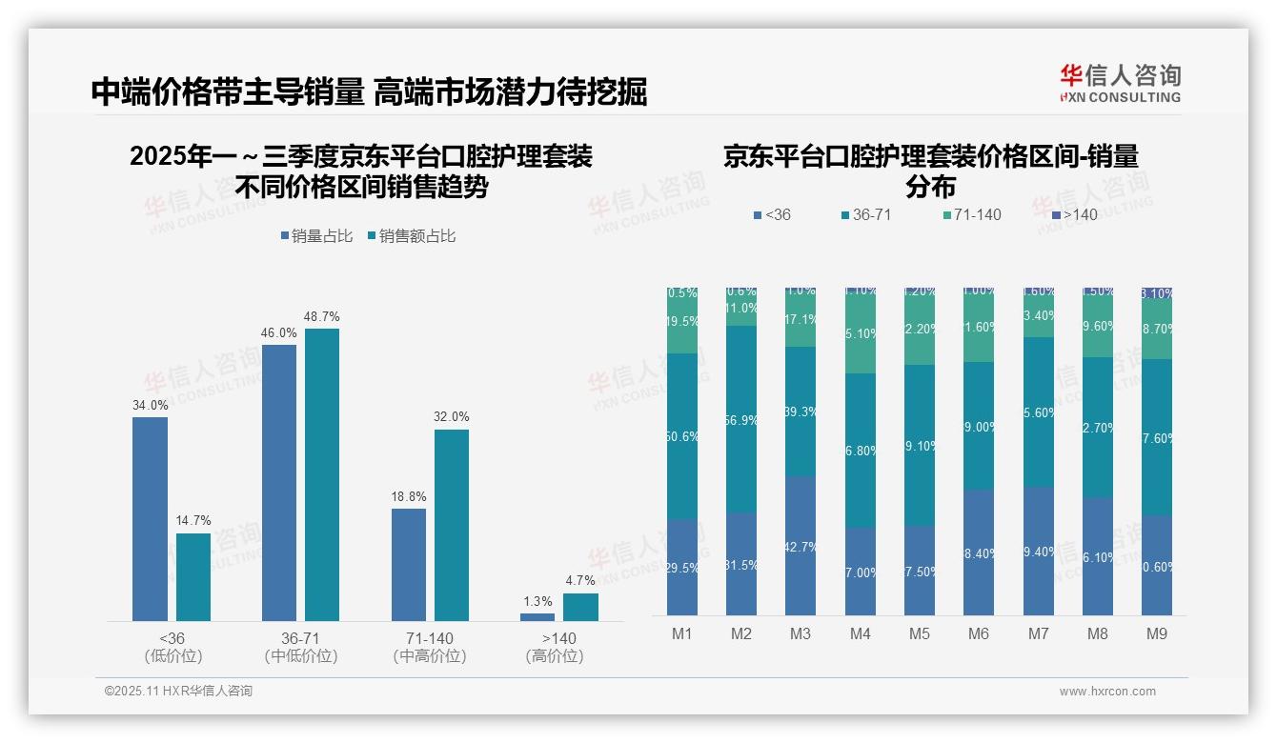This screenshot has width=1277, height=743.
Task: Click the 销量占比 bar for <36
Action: (x=150, y=519)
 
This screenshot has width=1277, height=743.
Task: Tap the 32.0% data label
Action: (x=452, y=417)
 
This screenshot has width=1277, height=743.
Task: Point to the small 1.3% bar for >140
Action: (x=537, y=617)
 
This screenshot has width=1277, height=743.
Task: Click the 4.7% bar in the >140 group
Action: (x=580, y=607)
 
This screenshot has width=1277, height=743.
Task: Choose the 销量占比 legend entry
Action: (x=316, y=236)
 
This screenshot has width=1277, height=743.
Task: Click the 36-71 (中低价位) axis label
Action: (x=301, y=647)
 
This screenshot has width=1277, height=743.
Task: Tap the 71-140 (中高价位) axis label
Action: (x=429, y=647)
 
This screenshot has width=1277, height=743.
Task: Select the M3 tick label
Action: (x=801, y=633)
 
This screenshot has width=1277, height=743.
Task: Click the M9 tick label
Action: (x=1156, y=633)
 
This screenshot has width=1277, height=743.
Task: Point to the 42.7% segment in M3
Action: (x=801, y=546)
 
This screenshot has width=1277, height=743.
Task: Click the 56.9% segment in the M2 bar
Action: (x=741, y=419)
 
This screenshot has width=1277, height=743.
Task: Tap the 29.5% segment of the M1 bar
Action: (x=682, y=567)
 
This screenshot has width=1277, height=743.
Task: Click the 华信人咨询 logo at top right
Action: (x=1120, y=83)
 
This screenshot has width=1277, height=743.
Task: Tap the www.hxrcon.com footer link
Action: (x=1107, y=692)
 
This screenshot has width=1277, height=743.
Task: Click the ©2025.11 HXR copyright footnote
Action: (x=178, y=692)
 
